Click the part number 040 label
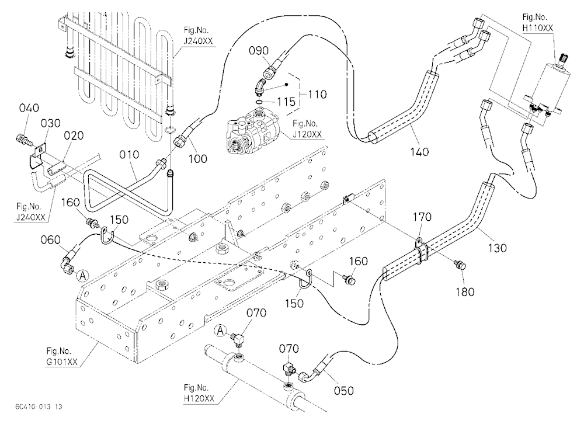click(x=29, y=108)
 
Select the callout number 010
click(x=129, y=154)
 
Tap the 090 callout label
click(x=259, y=51)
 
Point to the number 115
click(x=286, y=102)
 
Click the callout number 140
click(x=419, y=152)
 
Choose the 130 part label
click(x=497, y=248)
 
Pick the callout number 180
click(x=465, y=291)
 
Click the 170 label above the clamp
click(x=422, y=217)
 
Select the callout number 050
click(x=343, y=391)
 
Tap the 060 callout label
click(x=50, y=239)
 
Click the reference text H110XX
click(x=537, y=28)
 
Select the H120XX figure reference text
click(x=199, y=398)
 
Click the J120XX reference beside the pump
click(x=307, y=134)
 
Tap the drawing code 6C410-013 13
click(x=39, y=406)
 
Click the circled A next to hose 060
click(x=83, y=276)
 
